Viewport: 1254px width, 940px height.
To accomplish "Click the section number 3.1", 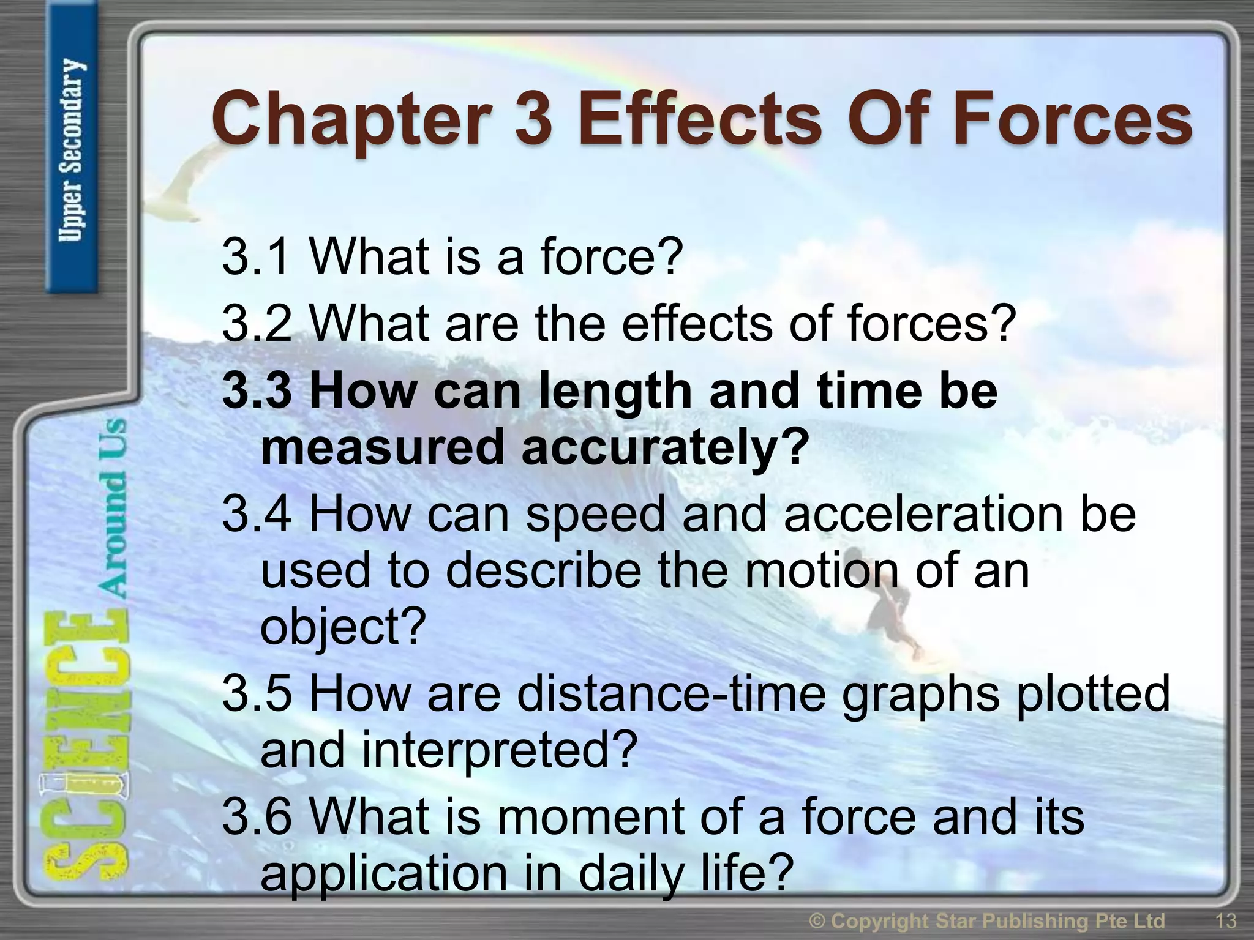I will click(x=256, y=256).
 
